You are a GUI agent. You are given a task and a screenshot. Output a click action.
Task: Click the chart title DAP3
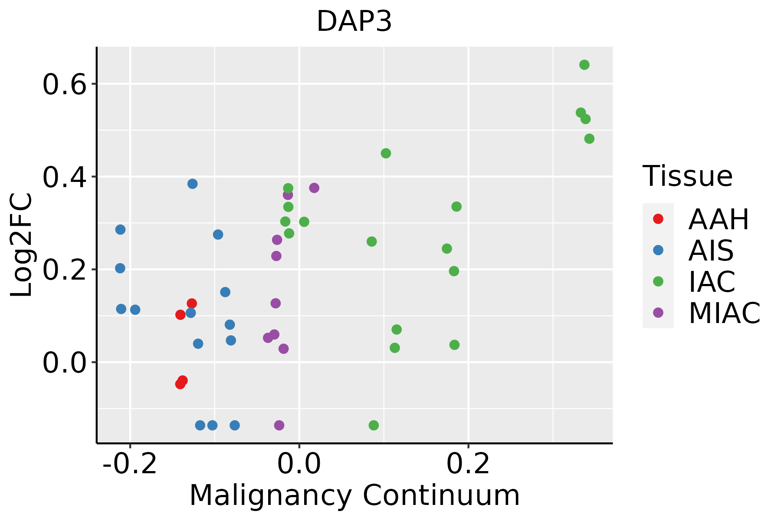point(354,22)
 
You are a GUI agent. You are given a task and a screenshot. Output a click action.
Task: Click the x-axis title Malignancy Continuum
point(354,495)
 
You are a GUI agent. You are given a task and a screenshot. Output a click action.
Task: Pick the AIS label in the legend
point(711,251)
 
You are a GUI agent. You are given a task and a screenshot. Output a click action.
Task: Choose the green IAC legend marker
point(658,281)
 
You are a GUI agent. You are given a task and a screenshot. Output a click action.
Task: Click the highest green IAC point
point(584,65)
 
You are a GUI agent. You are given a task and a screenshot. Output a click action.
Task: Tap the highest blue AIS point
point(193,184)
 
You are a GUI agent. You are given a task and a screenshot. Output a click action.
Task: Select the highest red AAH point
point(192,303)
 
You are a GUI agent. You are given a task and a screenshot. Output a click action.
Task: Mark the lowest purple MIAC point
point(279,425)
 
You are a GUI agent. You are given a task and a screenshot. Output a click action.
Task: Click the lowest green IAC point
point(374,425)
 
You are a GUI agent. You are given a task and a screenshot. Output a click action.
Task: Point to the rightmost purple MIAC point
point(314,188)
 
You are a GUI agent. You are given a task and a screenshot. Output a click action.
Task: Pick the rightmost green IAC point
point(589,139)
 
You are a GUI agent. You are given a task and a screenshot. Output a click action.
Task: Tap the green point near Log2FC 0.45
point(386,153)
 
